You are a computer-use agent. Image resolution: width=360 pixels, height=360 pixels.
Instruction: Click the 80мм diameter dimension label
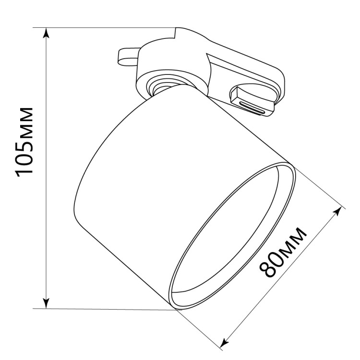pos(283,252)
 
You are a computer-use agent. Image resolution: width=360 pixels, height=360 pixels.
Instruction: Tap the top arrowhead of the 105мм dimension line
pos(47,33)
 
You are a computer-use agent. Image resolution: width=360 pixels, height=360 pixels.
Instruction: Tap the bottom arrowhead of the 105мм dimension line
pos(47,303)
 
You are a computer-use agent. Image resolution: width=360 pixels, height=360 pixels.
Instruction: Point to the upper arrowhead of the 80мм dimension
pos(337,211)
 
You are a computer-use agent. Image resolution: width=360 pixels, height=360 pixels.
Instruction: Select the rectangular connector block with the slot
pos(252,100)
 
